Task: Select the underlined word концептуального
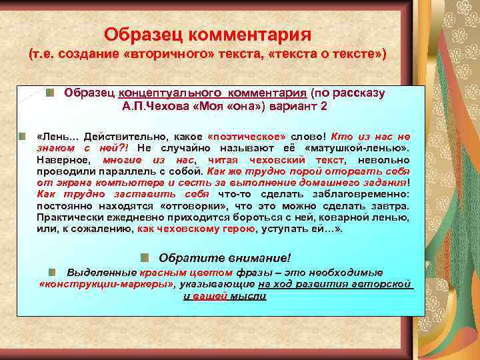[x=162, y=93]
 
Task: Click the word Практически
[x=67, y=219]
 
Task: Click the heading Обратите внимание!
[x=225, y=258]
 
